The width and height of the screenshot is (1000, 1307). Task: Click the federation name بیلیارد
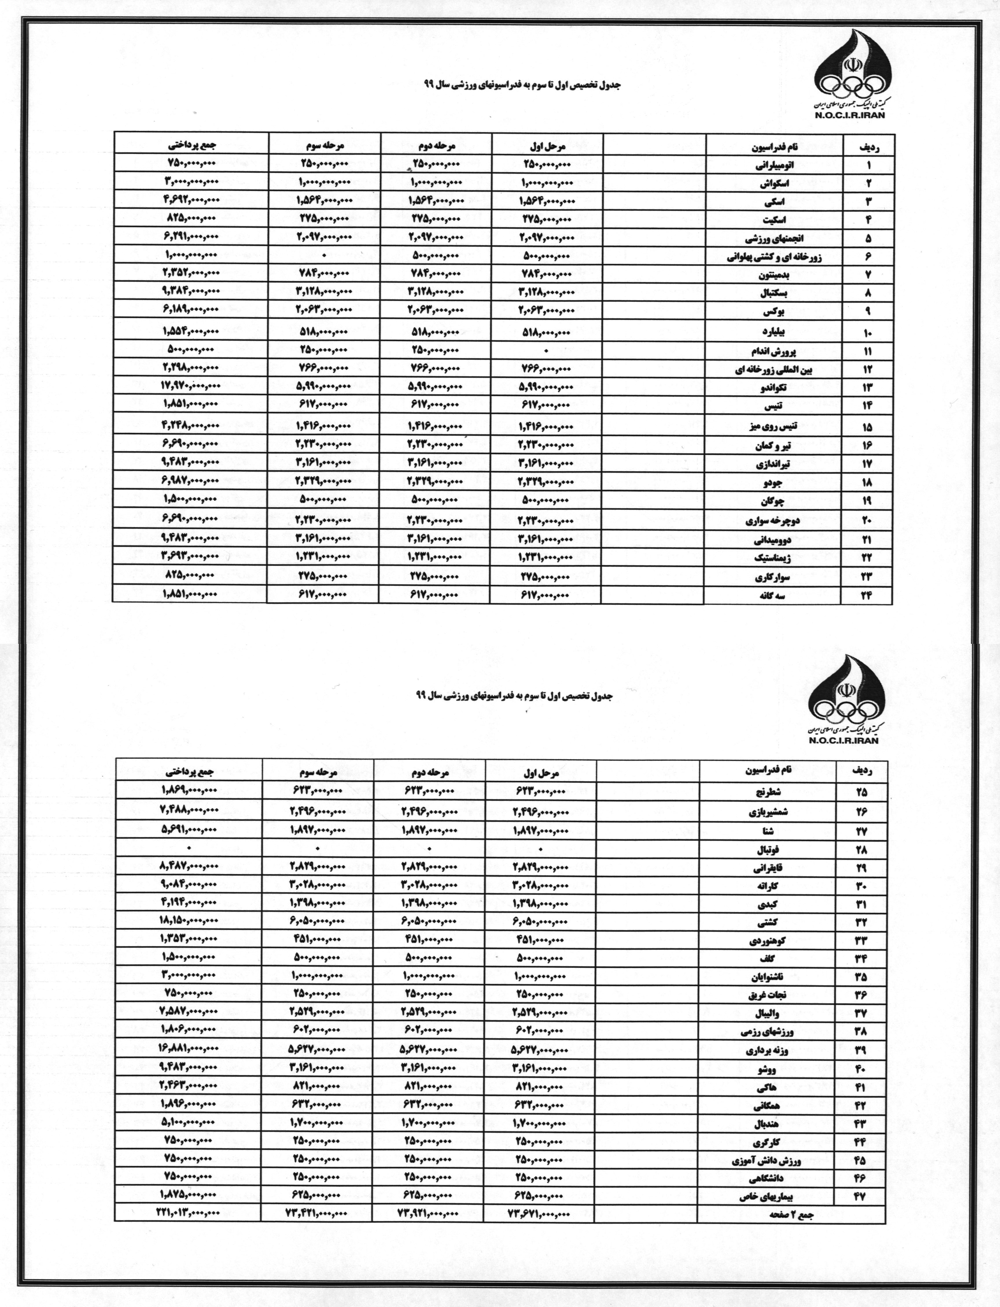click(x=773, y=331)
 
